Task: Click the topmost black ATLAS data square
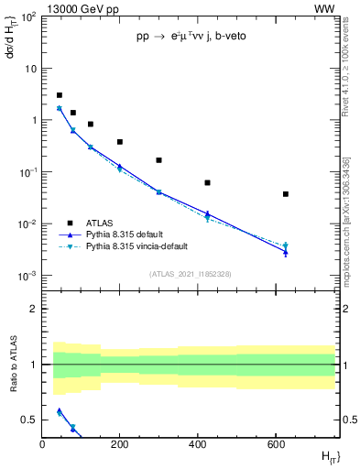[60, 95]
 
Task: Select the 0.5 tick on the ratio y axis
[30, 420]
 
